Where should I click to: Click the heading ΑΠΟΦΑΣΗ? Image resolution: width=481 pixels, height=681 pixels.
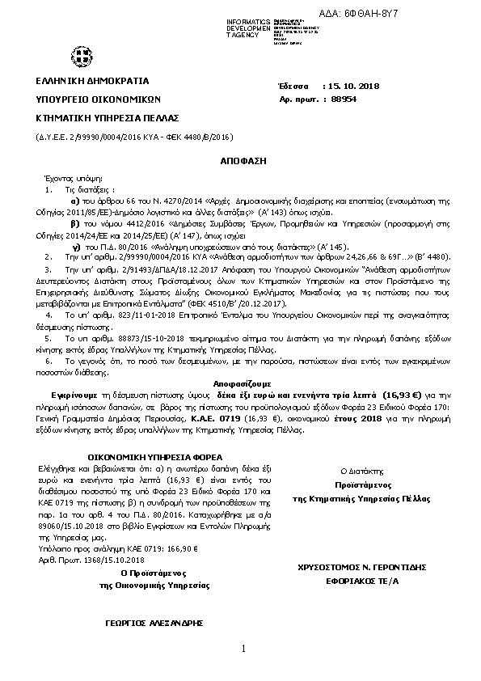click(x=243, y=161)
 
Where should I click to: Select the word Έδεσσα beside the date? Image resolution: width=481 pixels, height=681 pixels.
click(x=293, y=86)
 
